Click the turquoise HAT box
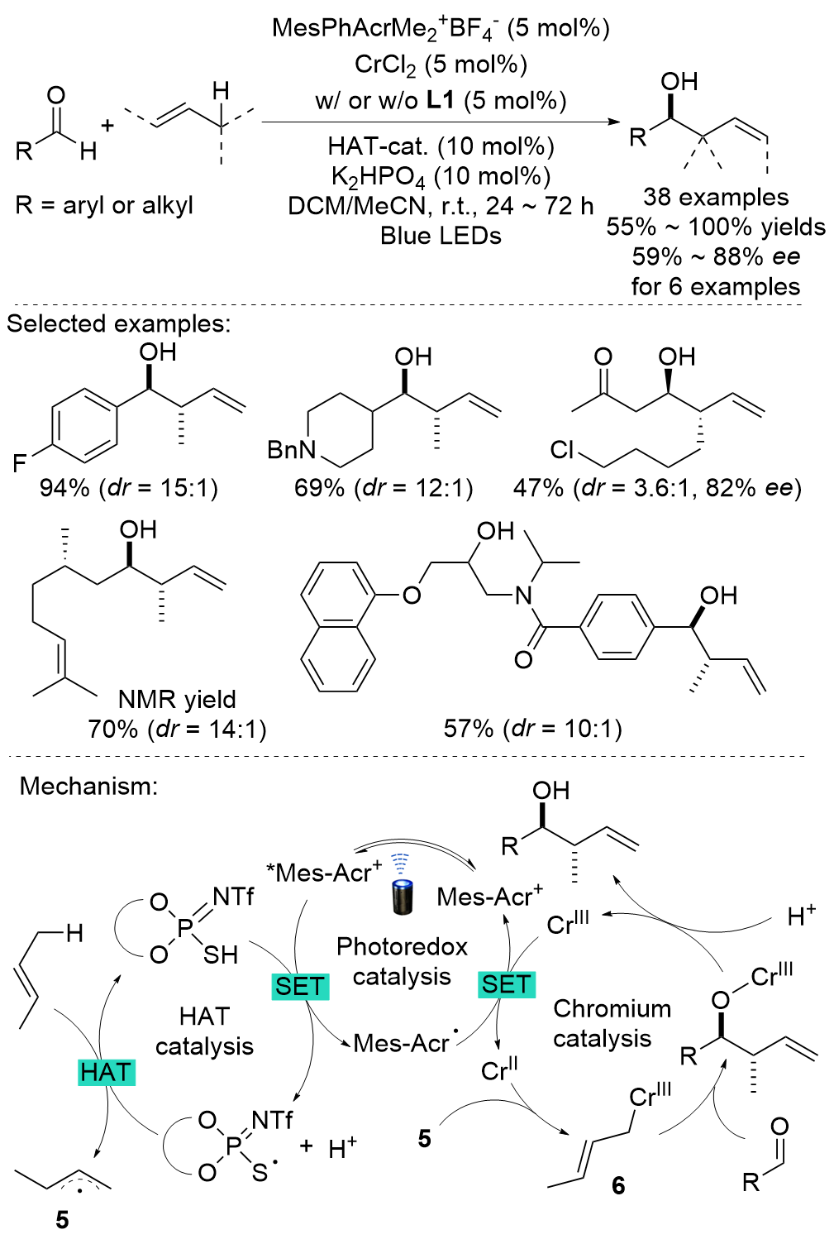(106, 1072)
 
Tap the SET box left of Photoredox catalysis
(300, 986)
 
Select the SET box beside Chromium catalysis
(507, 983)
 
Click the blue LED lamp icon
(402, 889)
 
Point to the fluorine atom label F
(20, 463)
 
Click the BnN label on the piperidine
(292, 450)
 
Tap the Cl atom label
(562, 450)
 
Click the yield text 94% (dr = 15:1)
(129, 488)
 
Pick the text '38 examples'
(716, 197)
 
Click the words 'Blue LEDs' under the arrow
(441, 236)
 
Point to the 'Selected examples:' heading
(118, 323)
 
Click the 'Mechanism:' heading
(88, 786)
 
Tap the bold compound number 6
(618, 1186)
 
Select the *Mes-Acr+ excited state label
(324, 872)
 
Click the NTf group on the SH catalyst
(233, 897)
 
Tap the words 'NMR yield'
(177, 700)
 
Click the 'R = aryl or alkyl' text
(104, 205)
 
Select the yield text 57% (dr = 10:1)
(532, 729)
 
